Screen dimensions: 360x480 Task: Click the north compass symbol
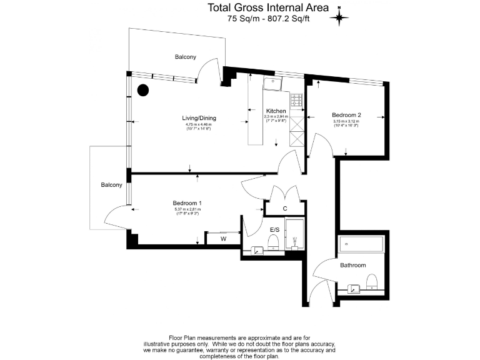pyautogui.click(x=341, y=16)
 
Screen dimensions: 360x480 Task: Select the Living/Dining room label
pyautogui.click(x=199, y=118)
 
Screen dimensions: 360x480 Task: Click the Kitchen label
pyautogui.click(x=276, y=111)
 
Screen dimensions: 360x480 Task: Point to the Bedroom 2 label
pyautogui.click(x=346, y=115)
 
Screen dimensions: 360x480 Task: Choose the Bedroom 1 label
pyautogui.click(x=187, y=203)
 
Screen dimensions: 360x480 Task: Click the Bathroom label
pyautogui.click(x=352, y=266)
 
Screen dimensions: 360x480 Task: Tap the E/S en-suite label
pyautogui.click(x=274, y=230)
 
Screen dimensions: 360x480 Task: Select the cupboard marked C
pyautogui.click(x=285, y=208)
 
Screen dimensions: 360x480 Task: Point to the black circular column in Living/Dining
pyautogui.click(x=143, y=91)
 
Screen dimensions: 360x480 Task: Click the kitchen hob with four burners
pyautogui.click(x=296, y=99)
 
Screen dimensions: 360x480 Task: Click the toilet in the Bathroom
pyautogui.click(x=371, y=281)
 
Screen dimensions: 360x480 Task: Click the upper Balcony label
pyautogui.click(x=185, y=57)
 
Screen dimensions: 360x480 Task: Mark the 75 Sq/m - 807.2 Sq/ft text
pyautogui.click(x=269, y=19)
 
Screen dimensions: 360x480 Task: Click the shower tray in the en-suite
pyautogui.click(x=294, y=234)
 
